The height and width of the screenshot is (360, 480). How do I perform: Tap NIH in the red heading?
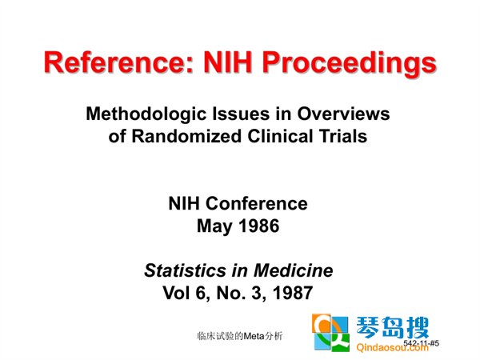(227, 62)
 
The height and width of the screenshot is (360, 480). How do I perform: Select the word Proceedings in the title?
(350, 63)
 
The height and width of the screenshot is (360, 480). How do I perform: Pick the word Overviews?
(343, 114)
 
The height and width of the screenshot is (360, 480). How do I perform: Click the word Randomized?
(186, 136)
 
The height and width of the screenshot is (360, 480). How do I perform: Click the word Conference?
(257, 203)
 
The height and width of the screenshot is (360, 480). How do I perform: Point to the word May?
(214, 226)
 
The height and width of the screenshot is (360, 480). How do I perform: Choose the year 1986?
(258, 226)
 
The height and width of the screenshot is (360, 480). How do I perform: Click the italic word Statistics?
(185, 270)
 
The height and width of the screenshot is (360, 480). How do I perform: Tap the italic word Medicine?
(293, 270)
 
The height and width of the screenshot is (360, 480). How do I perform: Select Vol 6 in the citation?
(186, 293)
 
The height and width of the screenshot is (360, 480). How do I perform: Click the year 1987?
(292, 293)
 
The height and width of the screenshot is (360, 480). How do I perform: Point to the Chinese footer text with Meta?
(240, 336)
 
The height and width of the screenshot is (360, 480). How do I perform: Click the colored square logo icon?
(330, 333)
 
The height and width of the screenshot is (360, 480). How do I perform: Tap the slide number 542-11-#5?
(421, 343)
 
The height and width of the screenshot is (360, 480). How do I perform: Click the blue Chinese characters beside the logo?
(392, 327)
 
